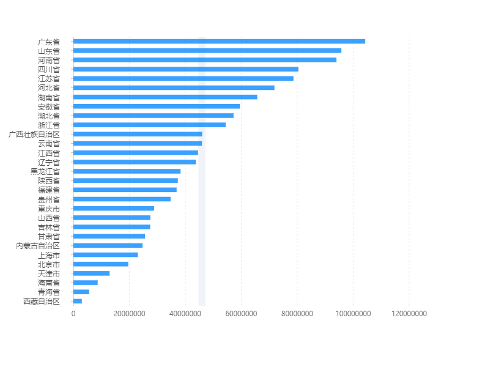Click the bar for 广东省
pos(219,42)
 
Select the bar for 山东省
pos(207,51)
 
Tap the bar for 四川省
pos(185,69)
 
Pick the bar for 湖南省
pos(165,97)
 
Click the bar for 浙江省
pos(149,125)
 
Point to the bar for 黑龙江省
pos(127,171)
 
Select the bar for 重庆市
pos(114,209)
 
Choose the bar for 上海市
pos(106,255)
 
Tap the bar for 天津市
pos(92,273)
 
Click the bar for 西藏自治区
pos(78,301)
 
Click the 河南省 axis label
pos(49,60)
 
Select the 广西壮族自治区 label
pos(35,134)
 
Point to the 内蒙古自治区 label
pos(38,246)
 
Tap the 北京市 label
pos(49,264)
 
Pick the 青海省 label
pos(49,292)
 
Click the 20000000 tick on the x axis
pos(129,314)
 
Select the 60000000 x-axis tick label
pos(241,314)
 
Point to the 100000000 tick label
pos(353,314)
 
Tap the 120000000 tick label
pos(409,314)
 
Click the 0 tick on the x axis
pos(73,314)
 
